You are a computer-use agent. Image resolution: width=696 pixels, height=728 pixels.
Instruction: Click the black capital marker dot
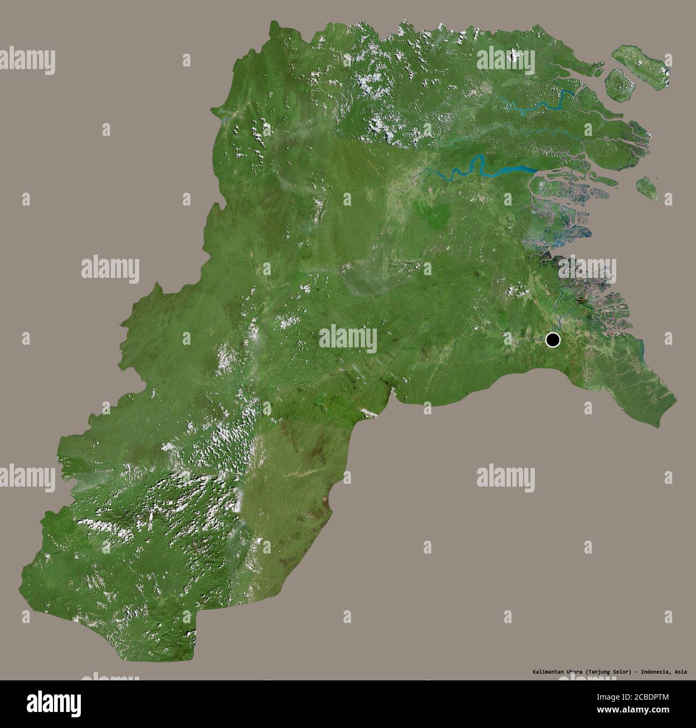pos(553,339)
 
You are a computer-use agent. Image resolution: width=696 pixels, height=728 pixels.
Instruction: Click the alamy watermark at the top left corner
pos(27,61)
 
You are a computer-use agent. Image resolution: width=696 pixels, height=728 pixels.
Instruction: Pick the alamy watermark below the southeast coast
pos(506,475)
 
